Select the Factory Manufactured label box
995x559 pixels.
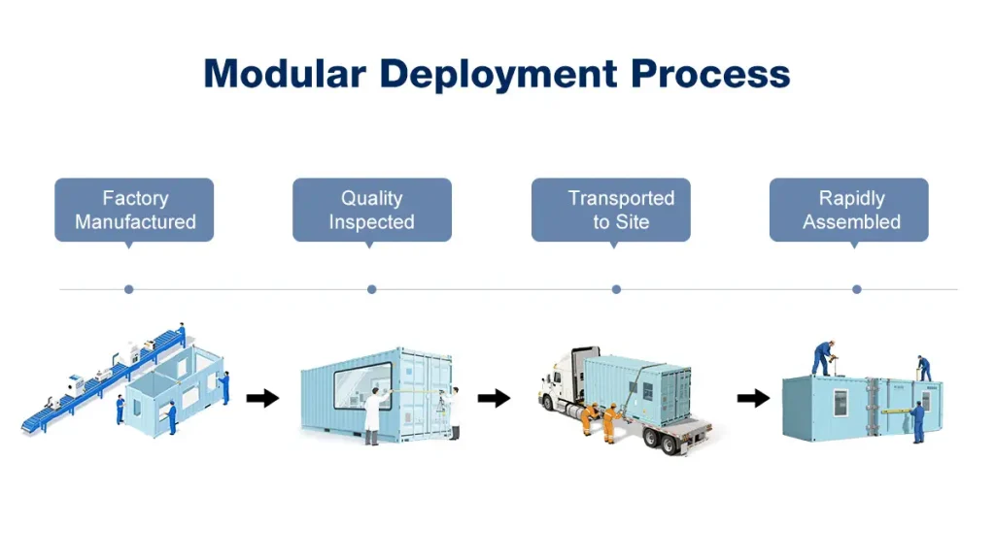pyautogui.click(x=134, y=210)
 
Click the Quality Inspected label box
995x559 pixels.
pyautogui.click(x=372, y=210)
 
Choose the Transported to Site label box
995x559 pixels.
pyautogui.click(x=611, y=210)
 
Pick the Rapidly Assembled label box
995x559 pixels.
pyautogui.click(x=849, y=210)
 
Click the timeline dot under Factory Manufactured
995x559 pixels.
pyautogui.click(x=129, y=289)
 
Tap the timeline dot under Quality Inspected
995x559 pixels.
pyautogui.click(x=372, y=289)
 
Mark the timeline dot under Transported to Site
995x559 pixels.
pyautogui.click(x=616, y=289)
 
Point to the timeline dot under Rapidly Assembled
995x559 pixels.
pyautogui.click(x=857, y=289)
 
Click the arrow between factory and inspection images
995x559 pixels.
pyautogui.click(x=262, y=398)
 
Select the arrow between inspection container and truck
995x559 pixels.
pyautogui.click(x=494, y=398)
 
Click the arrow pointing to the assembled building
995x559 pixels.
pyautogui.click(x=753, y=398)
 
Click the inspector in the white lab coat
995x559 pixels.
pyautogui.click(x=373, y=411)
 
